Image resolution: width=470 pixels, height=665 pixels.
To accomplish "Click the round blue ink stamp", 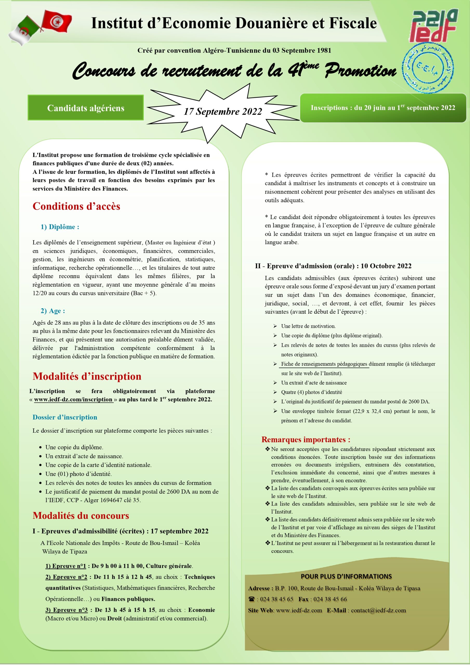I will pyautogui.click(x=428, y=68).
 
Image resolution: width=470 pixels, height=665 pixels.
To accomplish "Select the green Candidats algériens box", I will pyautogui.click(x=86, y=108).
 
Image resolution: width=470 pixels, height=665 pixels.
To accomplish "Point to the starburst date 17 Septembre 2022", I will pyautogui.click(x=223, y=111).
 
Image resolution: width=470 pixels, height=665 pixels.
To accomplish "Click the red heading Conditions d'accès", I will pyautogui.click(x=76, y=206).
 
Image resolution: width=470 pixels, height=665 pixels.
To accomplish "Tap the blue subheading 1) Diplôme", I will pyautogui.click(x=60, y=227).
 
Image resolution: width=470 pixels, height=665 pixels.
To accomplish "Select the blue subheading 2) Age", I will pyautogui.click(x=53, y=311).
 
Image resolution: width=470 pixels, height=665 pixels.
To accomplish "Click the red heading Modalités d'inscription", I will pyautogui.click(x=87, y=376).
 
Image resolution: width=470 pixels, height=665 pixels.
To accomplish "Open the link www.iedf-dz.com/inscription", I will pyautogui.click(x=73, y=400).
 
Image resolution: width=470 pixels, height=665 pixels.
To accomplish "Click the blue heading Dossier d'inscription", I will pyautogui.click(x=65, y=417).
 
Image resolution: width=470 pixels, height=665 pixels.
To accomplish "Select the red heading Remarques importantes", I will pyautogui.click(x=306, y=439).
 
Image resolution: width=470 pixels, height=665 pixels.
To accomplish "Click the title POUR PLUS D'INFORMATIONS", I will pyautogui.click(x=346, y=576).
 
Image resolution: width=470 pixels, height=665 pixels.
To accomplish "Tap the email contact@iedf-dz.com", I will pyautogui.click(x=379, y=610).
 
